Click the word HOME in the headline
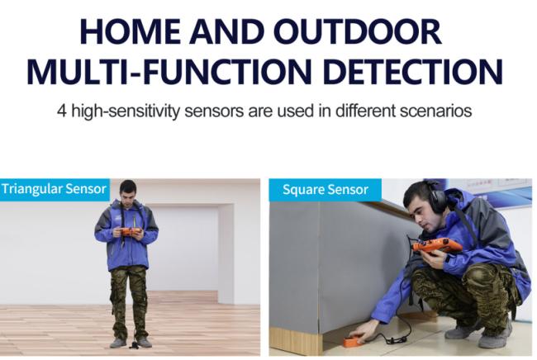131,31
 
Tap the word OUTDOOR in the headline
358,31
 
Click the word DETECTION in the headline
413,72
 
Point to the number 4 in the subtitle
62,111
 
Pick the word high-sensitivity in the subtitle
125,111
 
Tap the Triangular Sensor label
54,189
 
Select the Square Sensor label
325,190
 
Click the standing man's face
128,193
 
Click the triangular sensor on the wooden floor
134,345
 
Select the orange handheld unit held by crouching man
437,246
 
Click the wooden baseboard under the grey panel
296,341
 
